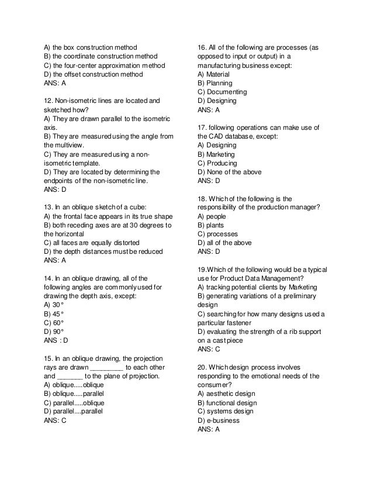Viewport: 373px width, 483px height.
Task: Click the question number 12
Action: point(49,101)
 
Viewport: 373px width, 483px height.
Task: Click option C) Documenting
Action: point(222,92)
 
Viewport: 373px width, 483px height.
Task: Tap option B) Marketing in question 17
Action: point(216,154)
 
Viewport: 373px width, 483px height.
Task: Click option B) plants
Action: point(212,225)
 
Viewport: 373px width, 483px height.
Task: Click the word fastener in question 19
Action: point(239,322)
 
